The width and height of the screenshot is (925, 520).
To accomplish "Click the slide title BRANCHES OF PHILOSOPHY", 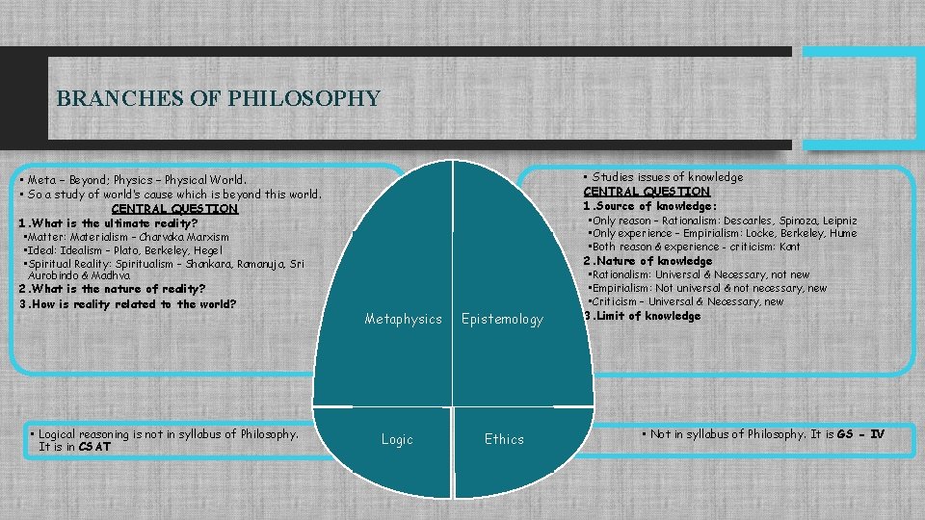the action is pyautogui.click(x=219, y=98).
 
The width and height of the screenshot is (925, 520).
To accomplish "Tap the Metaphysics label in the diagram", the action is pyautogui.click(x=403, y=319).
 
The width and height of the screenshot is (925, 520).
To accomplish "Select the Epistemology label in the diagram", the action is pyautogui.click(x=502, y=319).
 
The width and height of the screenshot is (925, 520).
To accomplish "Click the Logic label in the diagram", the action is pyautogui.click(x=397, y=439).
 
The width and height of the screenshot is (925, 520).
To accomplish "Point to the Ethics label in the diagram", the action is pyautogui.click(x=504, y=439).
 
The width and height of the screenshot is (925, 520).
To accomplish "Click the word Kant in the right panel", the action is pyautogui.click(x=789, y=247).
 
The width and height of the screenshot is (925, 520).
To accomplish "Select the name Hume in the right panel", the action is pyautogui.click(x=842, y=233).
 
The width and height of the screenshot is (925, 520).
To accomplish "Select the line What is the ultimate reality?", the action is pyautogui.click(x=121, y=223).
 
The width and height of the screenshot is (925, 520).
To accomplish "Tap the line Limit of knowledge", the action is pyautogui.click(x=647, y=316).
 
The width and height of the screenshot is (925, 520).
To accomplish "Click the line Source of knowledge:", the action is pyautogui.click(x=654, y=206).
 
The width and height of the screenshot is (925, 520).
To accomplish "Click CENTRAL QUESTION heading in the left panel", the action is pyautogui.click(x=174, y=208).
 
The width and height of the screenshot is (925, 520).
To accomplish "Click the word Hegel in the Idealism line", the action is pyautogui.click(x=207, y=250).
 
